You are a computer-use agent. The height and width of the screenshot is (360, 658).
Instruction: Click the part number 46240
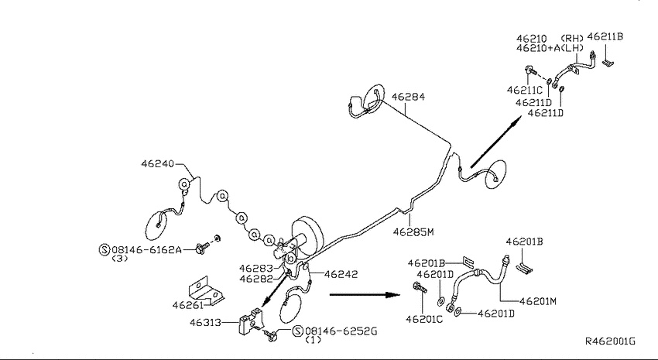point(157,163)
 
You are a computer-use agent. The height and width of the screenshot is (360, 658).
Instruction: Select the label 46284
point(408,97)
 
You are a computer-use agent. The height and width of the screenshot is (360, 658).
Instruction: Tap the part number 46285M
point(413,232)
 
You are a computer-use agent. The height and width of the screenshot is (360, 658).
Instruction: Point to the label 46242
point(341,274)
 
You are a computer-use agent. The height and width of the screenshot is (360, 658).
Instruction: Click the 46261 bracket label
point(188,305)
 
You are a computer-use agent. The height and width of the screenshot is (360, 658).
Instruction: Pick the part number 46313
point(205,323)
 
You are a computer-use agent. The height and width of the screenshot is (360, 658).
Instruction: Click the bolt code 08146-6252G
point(341,331)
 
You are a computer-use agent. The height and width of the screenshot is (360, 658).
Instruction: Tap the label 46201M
point(537,301)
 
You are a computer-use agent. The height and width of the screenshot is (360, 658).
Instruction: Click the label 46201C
point(424,319)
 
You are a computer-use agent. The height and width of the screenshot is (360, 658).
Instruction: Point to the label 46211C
point(525,91)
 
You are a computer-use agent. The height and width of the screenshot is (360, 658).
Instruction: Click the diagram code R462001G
point(610,341)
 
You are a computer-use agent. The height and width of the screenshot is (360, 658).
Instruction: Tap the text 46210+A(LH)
point(550,48)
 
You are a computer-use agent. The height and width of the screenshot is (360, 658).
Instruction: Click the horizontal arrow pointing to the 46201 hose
point(365,294)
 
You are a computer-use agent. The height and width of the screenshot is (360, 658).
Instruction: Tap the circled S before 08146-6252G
point(298,331)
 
